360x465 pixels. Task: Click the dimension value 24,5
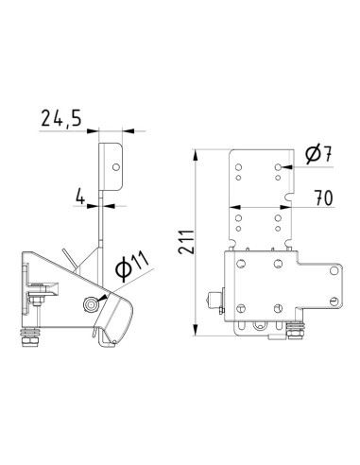point(60,118)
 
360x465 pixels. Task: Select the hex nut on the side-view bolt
point(39,301)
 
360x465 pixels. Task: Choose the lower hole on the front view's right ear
point(332,298)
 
